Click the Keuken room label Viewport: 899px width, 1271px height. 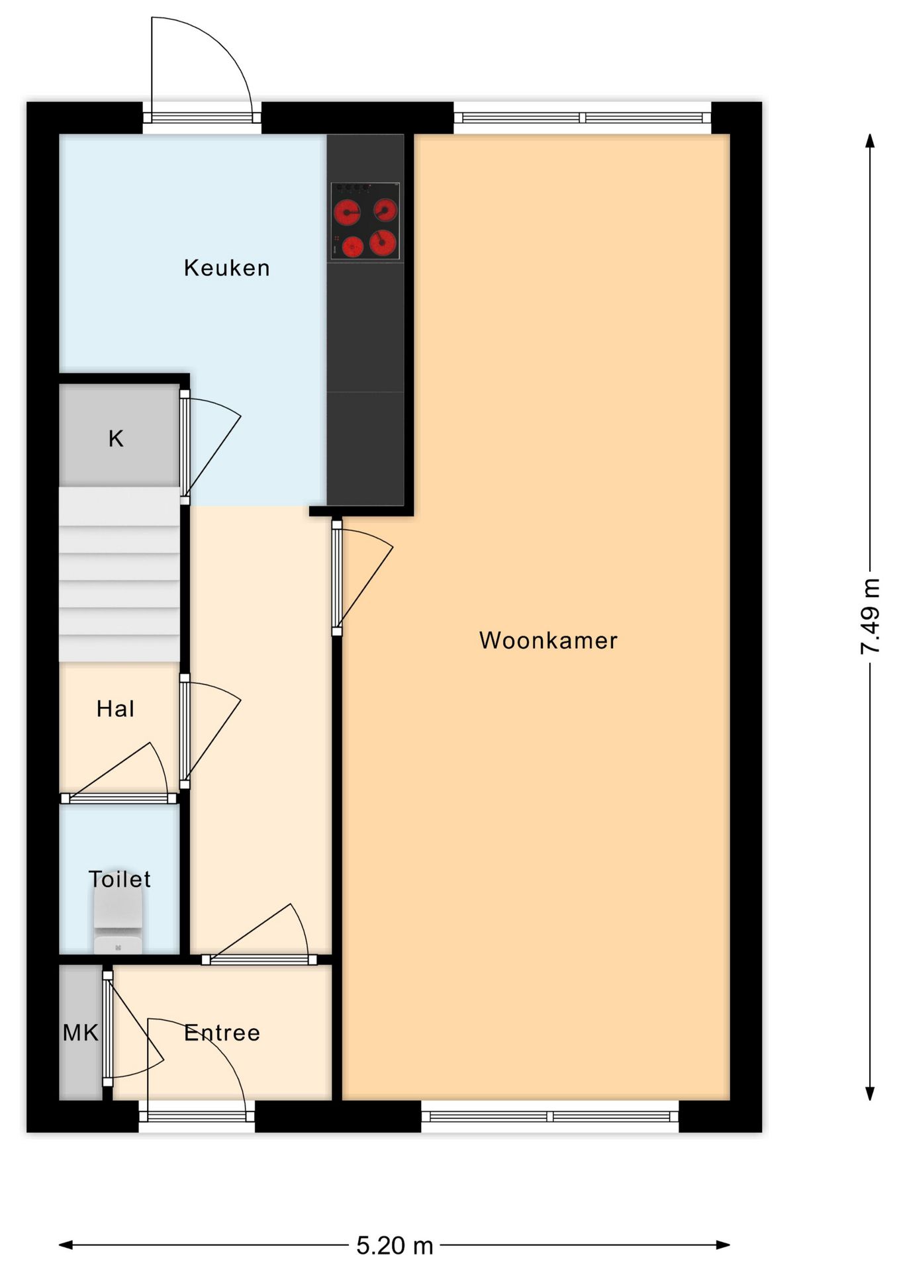(x=226, y=268)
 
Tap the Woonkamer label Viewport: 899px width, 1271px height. (x=548, y=641)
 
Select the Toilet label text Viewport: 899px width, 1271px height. (x=119, y=879)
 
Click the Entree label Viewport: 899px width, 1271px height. (x=222, y=1033)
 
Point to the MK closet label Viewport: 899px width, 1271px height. (x=80, y=1033)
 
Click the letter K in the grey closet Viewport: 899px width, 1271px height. (x=116, y=438)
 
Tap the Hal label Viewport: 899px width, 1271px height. (x=115, y=709)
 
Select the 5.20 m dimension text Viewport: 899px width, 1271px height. (x=395, y=1246)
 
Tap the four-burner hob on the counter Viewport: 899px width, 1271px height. (x=365, y=222)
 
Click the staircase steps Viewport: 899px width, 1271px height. (x=119, y=575)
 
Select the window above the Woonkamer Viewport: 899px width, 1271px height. (x=583, y=118)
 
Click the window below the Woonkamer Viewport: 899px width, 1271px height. (x=550, y=1117)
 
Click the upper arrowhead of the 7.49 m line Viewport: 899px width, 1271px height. (x=870, y=140)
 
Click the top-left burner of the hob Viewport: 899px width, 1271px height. (x=346, y=213)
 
